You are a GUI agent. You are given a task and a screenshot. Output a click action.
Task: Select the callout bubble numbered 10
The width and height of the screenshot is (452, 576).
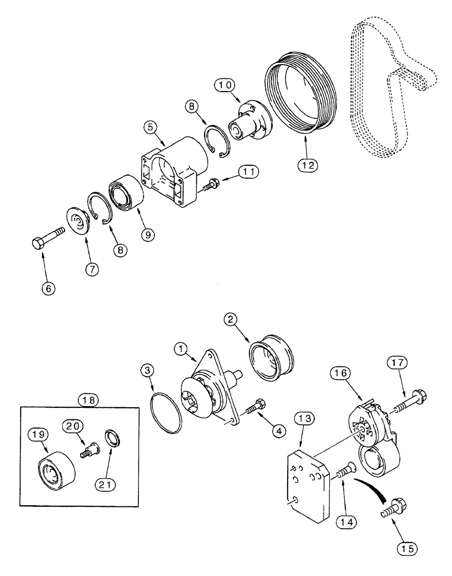coord(227,85)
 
